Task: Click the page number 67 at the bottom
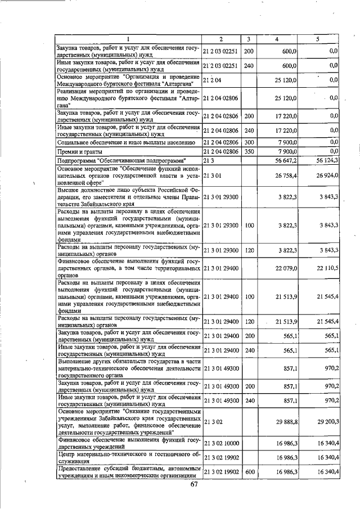(x=195, y=485)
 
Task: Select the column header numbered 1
(x=129, y=39)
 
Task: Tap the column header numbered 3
(x=249, y=39)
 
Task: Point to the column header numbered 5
(x=318, y=39)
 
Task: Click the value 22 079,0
(x=286, y=268)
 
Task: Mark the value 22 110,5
(x=327, y=268)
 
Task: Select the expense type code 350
(x=249, y=151)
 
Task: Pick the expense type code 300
(x=249, y=142)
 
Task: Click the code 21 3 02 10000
(x=221, y=443)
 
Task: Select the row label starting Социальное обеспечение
(x=112, y=142)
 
